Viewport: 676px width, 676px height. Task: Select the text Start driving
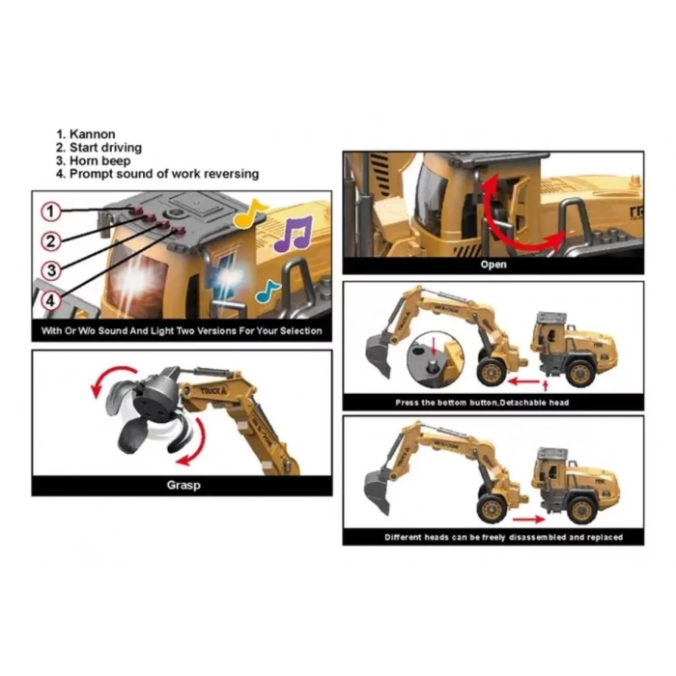click(x=104, y=148)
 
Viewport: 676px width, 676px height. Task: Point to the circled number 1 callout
click(x=51, y=211)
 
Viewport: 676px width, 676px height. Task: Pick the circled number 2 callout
click(x=51, y=240)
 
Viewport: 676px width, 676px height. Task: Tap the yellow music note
click(x=254, y=211)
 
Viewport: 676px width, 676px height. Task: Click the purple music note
click(x=292, y=234)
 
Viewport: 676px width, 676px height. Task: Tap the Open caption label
click(x=493, y=263)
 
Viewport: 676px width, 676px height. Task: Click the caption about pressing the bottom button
click(x=493, y=402)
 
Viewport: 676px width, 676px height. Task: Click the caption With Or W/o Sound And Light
click(x=182, y=331)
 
